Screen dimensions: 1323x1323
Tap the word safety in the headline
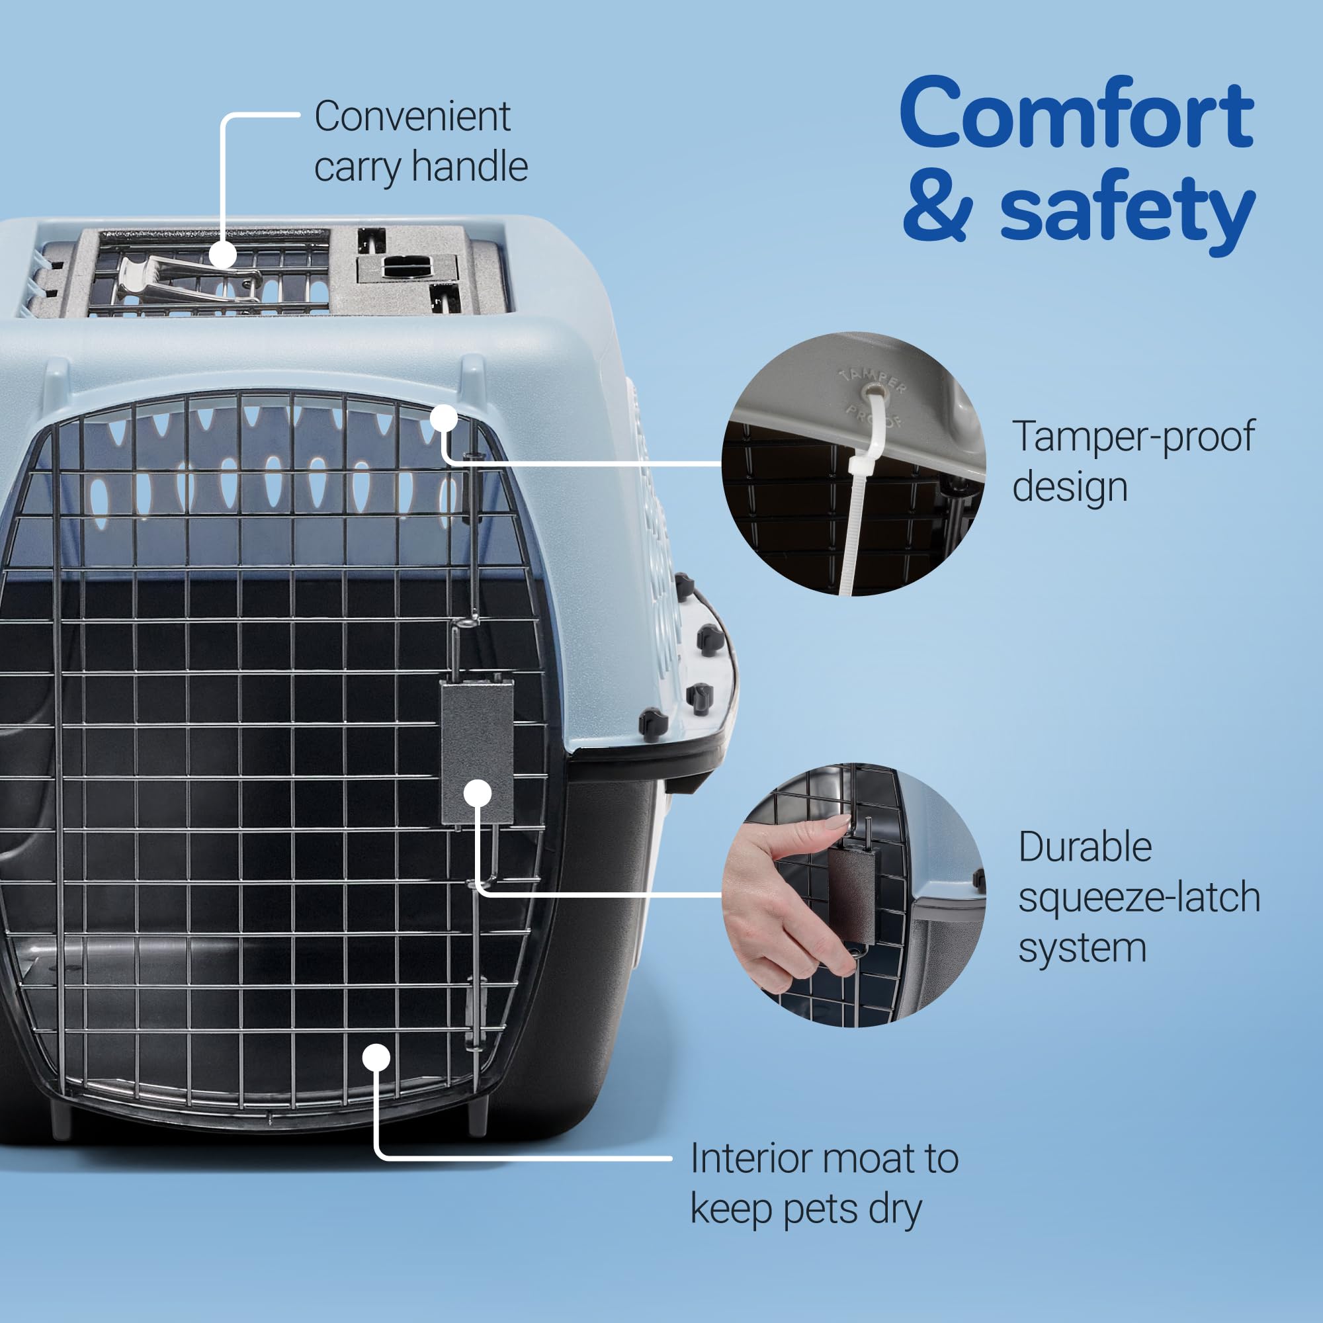1127,209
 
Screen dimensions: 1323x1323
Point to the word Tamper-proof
1133,437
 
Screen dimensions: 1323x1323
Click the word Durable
1085,847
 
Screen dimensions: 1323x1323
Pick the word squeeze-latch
1139,898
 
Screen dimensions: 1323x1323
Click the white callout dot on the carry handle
222,255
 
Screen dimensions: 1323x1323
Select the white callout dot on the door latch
478,794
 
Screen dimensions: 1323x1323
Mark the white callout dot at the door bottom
376,1058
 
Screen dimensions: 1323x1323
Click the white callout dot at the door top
444,417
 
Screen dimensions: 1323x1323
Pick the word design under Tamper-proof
1070,487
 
